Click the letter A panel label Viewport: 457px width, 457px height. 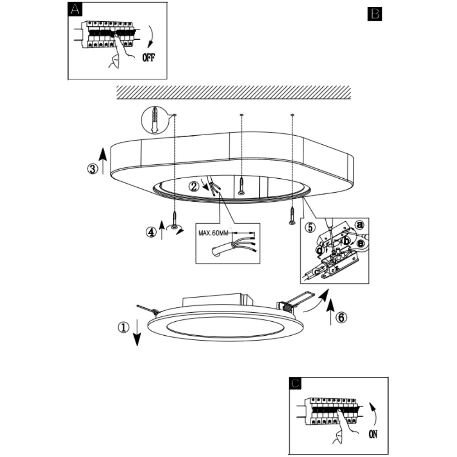pos(75,10)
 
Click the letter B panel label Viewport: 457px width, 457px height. pos(375,14)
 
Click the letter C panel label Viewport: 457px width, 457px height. pos(295,384)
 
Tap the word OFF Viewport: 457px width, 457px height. pos(149,57)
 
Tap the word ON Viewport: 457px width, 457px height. pos(373,434)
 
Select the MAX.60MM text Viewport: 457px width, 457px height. pos(214,233)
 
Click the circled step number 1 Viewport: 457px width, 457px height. pos(124,327)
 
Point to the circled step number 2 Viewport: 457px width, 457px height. pos(194,186)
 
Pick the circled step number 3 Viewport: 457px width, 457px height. pos(93,169)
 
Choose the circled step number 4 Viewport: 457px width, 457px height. pos(151,232)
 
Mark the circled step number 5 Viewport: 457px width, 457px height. pos(310,227)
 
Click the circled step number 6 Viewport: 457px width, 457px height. pos(341,317)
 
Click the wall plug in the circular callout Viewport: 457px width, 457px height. pos(155,120)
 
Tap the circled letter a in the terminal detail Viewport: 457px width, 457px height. pos(360,225)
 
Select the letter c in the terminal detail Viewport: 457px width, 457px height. pos(316,272)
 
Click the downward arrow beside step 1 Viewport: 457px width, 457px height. pos(137,332)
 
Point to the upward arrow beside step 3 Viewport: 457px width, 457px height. pos(103,161)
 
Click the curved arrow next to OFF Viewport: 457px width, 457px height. pos(151,37)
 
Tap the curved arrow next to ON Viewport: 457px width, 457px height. pos(373,414)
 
